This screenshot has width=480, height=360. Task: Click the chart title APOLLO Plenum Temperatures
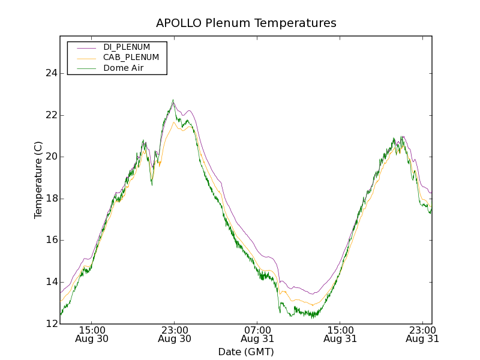click(x=246, y=23)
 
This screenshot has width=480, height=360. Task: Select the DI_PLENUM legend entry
click(x=127, y=47)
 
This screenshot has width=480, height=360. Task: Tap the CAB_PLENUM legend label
click(x=131, y=58)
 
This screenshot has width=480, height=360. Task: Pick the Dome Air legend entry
click(x=123, y=68)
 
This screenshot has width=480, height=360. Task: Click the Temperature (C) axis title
click(x=38, y=180)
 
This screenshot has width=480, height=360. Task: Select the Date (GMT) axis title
click(x=246, y=352)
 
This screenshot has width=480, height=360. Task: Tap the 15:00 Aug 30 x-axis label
click(x=91, y=334)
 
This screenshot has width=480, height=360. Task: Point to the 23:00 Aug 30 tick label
click(x=174, y=334)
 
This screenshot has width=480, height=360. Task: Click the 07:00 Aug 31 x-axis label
click(x=257, y=334)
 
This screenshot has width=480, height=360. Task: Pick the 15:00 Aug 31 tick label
click(x=340, y=334)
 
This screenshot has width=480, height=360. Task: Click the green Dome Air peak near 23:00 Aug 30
click(x=173, y=100)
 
